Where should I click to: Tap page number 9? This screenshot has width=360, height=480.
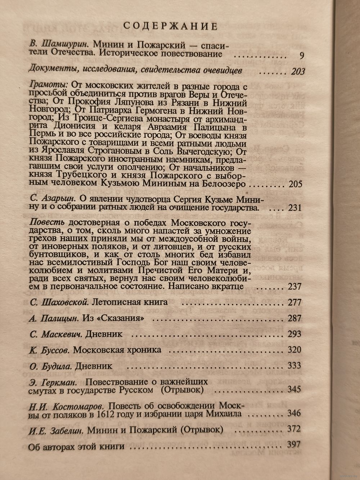tap(302, 55)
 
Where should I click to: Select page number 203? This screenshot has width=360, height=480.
tap(298, 71)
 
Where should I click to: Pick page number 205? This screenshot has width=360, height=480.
tap(295, 184)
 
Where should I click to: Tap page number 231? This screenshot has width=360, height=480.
tap(295, 208)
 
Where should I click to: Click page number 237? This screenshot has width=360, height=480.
tap(295, 286)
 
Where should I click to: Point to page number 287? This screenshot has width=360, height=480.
tap(294, 318)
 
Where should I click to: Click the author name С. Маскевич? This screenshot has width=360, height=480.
tap(57, 334)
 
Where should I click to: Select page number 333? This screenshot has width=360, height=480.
tap(294, 365)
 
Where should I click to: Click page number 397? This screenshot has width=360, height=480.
tap(294, 444)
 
